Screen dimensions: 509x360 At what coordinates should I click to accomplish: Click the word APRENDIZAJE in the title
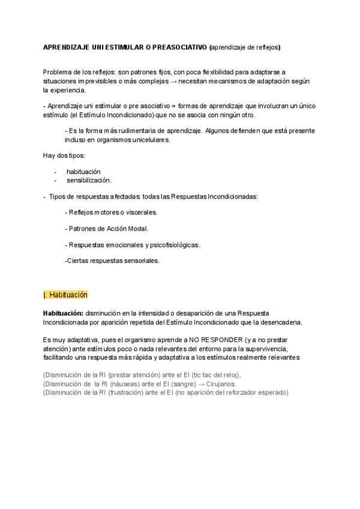coord(67,47)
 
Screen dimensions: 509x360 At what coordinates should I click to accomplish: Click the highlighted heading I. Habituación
coord(66,295)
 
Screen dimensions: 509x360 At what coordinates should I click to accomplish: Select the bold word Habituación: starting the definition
coord(64,314)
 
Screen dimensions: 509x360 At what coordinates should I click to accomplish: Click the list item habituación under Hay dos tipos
coord(83,171)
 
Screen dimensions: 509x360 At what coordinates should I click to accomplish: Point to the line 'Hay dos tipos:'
coord(64,155)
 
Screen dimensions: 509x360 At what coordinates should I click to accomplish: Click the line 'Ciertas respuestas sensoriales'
coord(112,261)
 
